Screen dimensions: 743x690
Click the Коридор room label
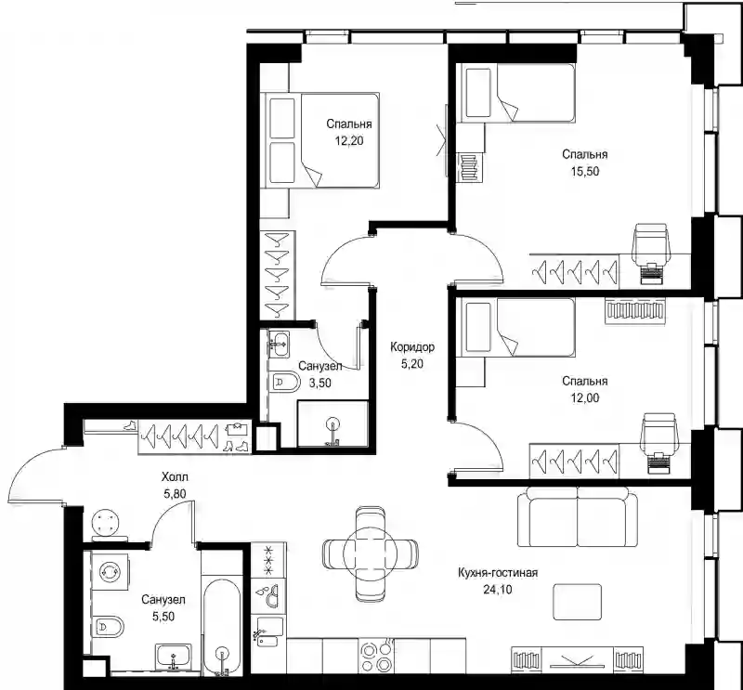coord(412,347)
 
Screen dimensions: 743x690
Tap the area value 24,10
coord(498,590)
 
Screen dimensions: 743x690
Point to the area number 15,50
coord(585,172)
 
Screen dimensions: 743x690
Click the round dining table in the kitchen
coord(371,553)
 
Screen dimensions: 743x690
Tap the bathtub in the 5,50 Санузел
coord(221,627)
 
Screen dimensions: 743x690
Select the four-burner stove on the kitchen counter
coord(376,657)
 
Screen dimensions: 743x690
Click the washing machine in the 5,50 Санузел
coord(110,571)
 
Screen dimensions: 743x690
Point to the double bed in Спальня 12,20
coord(322,140)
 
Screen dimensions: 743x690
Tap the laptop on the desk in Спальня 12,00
coord(658,463)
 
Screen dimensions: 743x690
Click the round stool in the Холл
coord(105,523)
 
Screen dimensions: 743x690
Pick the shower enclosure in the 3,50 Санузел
coord(332,423)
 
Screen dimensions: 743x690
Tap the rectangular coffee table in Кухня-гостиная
coord(578,602)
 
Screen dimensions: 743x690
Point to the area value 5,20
coord(412,364)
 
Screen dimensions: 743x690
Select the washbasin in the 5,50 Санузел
coord(173,657)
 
